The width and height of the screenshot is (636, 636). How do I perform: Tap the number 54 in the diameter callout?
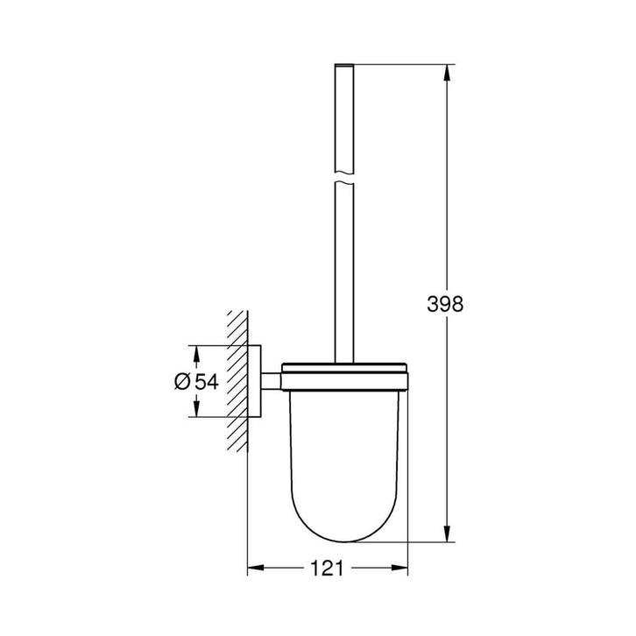point(207,381)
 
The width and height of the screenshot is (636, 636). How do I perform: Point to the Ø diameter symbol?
point(182,381)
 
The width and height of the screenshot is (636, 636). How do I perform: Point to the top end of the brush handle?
point(343,66)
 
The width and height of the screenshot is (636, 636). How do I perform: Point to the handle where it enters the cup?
point(343,355)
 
